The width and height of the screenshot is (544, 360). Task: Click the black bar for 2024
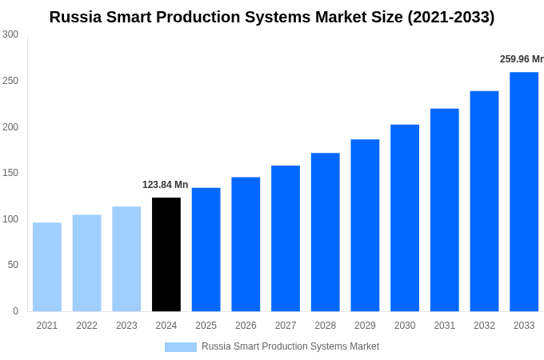[x=166, y=254]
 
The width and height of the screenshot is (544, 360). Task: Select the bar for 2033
[x=524, y=192]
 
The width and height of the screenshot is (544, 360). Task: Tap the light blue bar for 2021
[x=47, y=267]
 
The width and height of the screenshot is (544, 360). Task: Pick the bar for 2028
[x=326, y=232]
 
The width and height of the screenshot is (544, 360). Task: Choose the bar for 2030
[x=405, y=218]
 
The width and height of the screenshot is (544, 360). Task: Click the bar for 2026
[x=246, y=244]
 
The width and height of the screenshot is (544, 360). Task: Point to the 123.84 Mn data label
[x=166, y=185]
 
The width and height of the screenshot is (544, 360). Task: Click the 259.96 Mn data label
[x=521, y=59]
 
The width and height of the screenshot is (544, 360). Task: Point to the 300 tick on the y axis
[x=10, y=34]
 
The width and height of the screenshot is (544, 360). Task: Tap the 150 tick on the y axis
[x=10, y=173]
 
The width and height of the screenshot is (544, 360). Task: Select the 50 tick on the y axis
[x=13, y=265]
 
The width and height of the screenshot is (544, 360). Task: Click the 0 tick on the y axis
[x=15, y=311]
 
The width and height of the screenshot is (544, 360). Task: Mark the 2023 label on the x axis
[x=126, y=326]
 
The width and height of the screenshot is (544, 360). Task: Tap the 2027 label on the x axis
[x=286, y=326]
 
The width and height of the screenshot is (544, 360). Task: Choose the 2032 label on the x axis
[x=484, y=326]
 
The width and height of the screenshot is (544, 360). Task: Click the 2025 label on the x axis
[x=206, y=326]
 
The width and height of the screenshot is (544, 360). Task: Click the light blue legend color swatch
[x=181, y=346]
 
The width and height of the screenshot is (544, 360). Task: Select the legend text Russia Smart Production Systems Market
[x=290, y=346]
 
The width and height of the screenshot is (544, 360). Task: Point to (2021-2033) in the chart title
[x=451, y=17]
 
